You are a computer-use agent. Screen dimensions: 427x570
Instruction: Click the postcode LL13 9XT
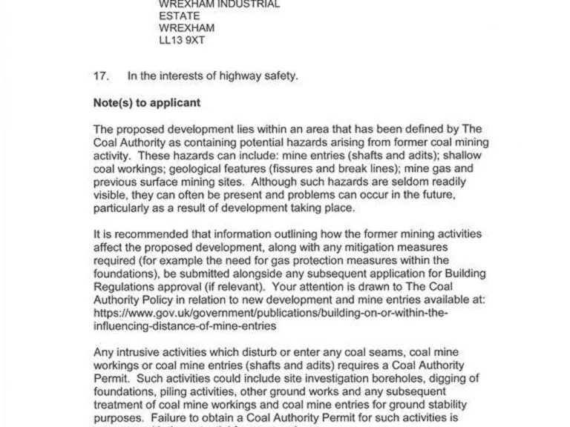click(x=182, y=41)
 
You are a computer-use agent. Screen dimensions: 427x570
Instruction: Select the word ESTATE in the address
click(x=178, y=16)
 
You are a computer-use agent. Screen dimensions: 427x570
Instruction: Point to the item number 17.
click(x=102, y=75)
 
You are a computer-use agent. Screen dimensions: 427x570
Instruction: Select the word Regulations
click(x=128, y=287)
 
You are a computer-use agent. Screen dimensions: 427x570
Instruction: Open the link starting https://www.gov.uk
click(x=271, y=313)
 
